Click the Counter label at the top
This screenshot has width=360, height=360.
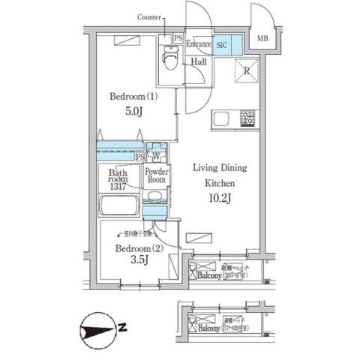coord(153,17)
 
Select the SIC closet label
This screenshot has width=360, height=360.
coord(222,45)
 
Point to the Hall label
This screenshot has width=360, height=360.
coord(199,63)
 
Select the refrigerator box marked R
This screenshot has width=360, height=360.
coord(244,70)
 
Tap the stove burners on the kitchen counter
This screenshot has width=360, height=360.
coord(247,118)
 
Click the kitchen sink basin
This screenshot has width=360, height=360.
coord(222,118)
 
